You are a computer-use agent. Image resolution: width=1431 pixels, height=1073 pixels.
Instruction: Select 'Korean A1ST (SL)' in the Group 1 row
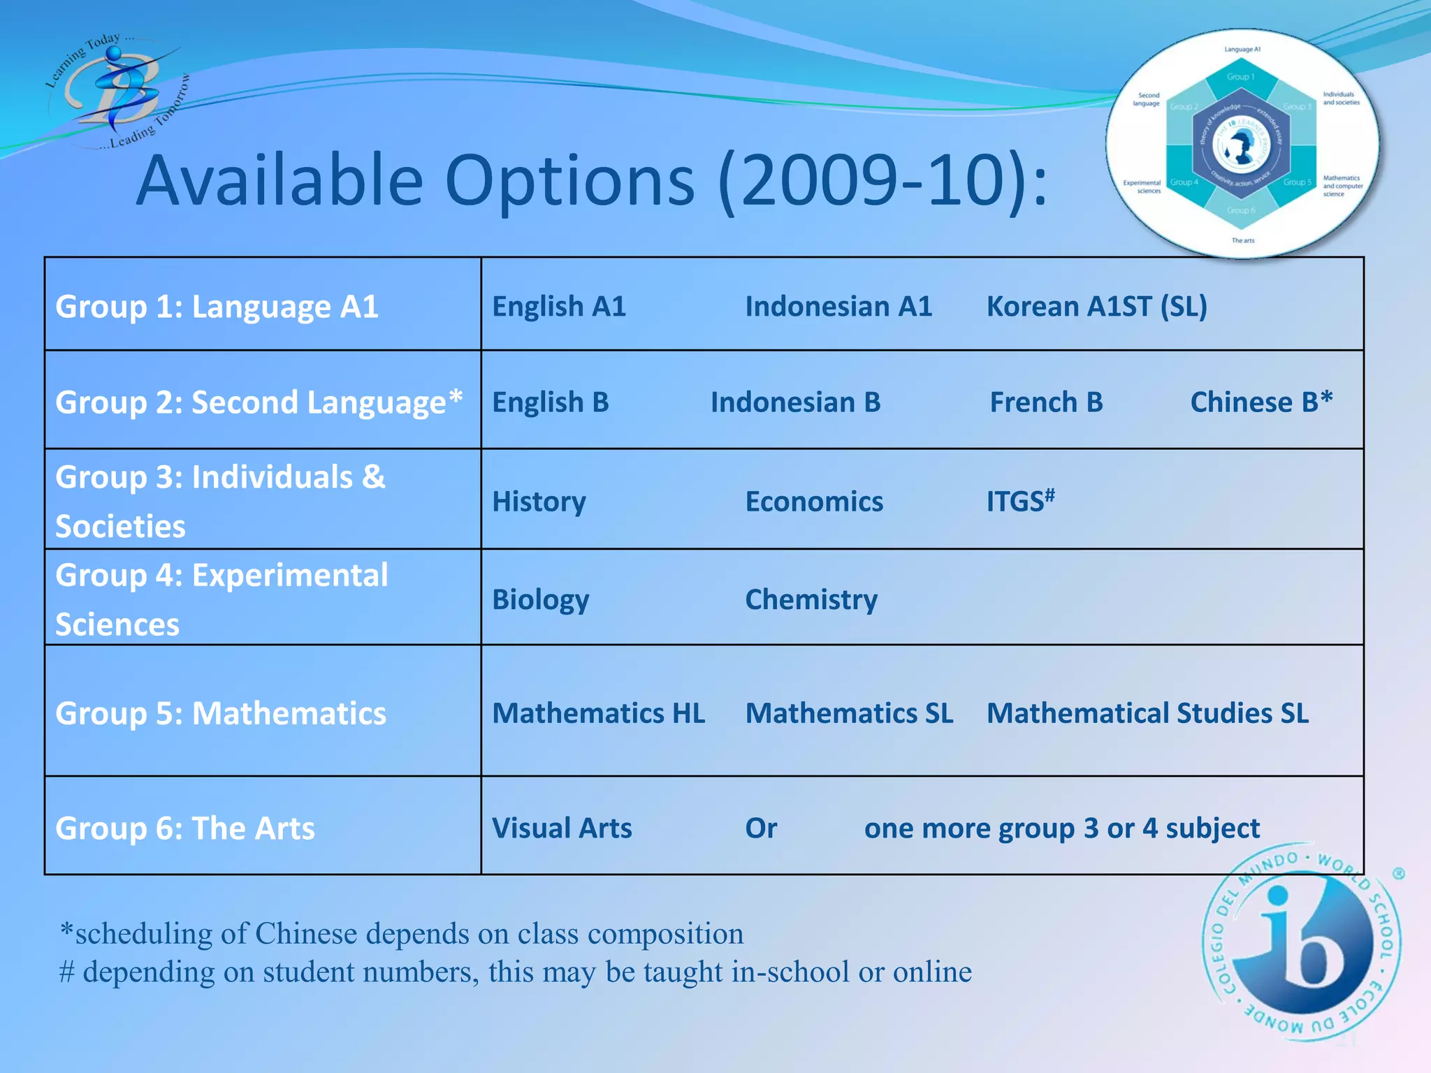[x=1096, y=306]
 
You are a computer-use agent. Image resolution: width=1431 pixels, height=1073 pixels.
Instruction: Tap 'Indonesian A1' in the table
[x=838, y=306]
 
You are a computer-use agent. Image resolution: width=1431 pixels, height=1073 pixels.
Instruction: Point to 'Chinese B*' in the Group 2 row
[x=1261, y=402]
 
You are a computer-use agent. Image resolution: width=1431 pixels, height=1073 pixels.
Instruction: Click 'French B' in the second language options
[x=1046, y=402]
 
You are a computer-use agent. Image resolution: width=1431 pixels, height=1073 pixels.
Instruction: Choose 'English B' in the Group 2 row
[x=551, y=402]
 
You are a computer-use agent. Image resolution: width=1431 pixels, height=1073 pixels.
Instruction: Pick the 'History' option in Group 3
[x=539, y=502]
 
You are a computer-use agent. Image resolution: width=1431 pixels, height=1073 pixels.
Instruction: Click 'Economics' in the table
[x=814, y=502]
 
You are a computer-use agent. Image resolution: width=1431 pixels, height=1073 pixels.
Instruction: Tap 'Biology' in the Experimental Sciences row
[x=540, y=599]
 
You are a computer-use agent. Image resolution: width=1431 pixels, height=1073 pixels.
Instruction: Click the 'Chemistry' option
[x=811, y=599]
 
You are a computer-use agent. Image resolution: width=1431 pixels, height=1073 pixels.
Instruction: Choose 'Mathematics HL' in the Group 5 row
[x=598, y=713]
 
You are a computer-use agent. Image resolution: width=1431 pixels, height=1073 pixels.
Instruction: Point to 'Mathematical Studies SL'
[x=1147, y=713]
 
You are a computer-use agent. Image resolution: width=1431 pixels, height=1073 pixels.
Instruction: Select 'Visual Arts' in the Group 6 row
[x=562, y=828]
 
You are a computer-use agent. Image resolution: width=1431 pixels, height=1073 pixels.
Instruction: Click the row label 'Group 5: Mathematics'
[x=221, y=713]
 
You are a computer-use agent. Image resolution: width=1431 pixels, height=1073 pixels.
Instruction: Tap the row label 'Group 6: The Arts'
[x=185, y=828]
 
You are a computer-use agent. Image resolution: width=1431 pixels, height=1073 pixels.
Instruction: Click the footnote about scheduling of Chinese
[x=402, y=933]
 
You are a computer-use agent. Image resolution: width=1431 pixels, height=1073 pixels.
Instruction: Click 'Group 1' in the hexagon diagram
[x=1241, y=77]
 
